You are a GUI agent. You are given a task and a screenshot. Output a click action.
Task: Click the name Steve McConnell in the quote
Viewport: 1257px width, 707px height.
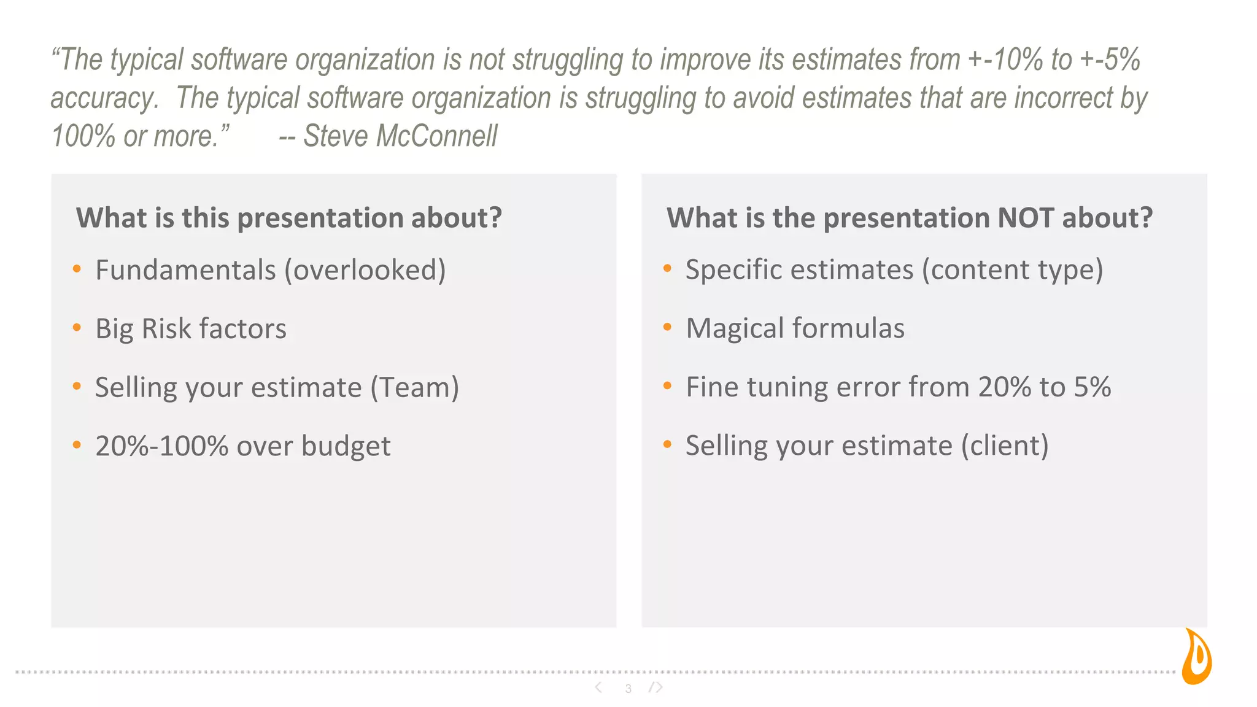pyautogui.click(x=400, y=136)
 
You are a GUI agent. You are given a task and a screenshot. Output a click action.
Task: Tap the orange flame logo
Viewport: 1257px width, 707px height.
pyautogui.click(x=1197, y=658)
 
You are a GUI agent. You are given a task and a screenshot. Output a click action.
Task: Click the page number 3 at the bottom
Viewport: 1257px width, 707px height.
pyautogui.click(x=628, y=689)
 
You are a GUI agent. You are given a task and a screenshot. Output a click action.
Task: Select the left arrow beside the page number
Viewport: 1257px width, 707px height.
pyautogui.click(x=598, y=687)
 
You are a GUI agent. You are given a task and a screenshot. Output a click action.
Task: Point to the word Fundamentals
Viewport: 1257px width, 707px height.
pyautogui.click(x=185, y=270)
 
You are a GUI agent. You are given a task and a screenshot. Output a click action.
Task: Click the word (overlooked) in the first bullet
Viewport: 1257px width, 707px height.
pyautogui.click(x=365, y=270)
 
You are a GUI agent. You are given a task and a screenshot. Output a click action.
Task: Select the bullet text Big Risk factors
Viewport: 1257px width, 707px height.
pyautogui.click(x=190, y=328)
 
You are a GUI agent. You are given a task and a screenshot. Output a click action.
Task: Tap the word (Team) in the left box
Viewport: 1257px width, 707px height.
pyautogui.click(x=414, y=387)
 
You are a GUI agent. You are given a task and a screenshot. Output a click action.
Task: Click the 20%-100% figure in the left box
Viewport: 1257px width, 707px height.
pyautogui.click(x=162, y=446)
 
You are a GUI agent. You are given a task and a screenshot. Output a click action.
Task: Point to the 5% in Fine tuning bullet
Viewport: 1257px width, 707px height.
pyautogui.click(x=1092, y=387)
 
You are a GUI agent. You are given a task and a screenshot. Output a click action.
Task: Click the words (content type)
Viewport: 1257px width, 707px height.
pyautogui.click(x=1012, y=269)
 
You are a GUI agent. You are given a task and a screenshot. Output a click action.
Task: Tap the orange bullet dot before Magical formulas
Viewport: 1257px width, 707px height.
pyautogui.click(x=667, y=327)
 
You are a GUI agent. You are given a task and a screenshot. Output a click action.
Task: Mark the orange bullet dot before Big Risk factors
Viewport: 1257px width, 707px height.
pyautogui.click(x=77, y=328)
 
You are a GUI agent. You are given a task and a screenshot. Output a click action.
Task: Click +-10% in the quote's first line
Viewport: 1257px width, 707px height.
pyautogui.click(x=1005, y=60)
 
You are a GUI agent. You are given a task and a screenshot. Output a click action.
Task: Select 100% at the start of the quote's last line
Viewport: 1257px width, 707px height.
pyautogui.click(x=83, y=136)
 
